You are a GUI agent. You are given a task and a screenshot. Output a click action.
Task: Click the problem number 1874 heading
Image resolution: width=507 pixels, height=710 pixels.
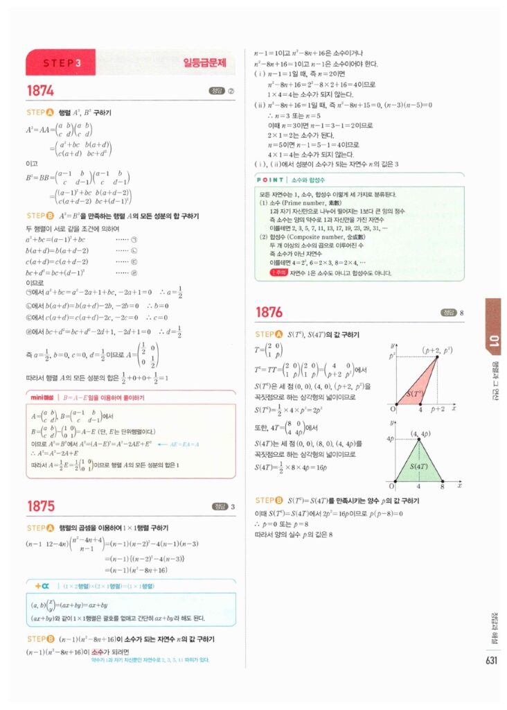point(40,91)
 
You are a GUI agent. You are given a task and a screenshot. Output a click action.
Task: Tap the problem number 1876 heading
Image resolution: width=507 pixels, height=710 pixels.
point(269,313)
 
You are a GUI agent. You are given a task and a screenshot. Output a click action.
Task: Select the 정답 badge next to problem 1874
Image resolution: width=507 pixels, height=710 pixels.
point(217,91)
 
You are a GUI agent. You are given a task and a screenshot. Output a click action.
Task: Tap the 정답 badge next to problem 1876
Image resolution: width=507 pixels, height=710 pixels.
point(447,313)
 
